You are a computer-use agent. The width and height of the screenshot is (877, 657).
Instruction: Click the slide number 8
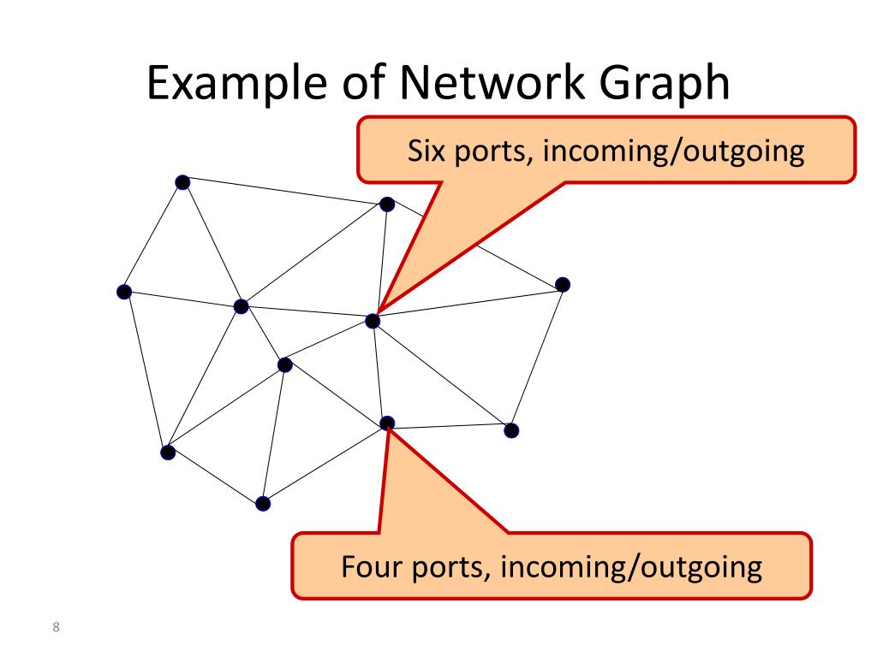57,629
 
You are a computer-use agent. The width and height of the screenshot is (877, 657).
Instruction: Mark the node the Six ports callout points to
373,321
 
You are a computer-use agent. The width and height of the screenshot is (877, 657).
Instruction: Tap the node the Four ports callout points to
387,423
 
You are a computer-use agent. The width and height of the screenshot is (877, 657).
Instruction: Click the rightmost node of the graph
562,284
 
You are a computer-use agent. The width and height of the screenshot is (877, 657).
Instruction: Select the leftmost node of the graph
123,292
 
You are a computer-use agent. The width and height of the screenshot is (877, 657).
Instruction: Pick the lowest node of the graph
263,503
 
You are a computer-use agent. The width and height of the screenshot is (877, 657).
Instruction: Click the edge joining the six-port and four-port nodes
379,372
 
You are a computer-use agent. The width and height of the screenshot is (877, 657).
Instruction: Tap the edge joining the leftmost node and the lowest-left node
145,370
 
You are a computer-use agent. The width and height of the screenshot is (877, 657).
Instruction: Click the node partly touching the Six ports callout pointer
387,204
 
